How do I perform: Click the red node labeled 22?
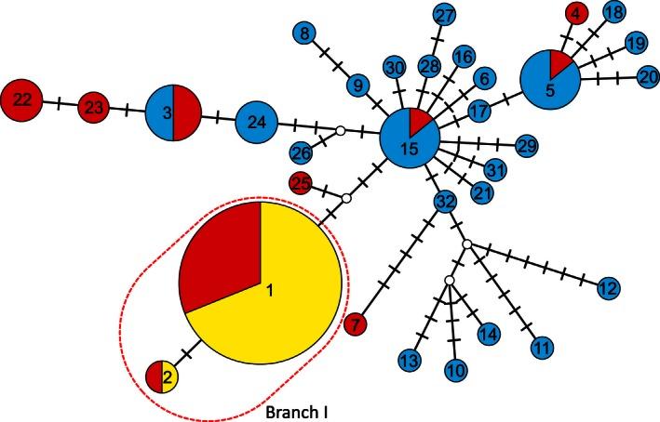[x=21, y=99]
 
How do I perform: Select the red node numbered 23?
[x=94, y=108]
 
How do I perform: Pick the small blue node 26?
[x=302, y=152]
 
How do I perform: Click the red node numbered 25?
[x=300, y=183]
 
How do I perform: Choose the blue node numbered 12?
[x=607, y=289]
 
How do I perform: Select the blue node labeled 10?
[x=456, y=370]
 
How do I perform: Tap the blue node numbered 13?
[x=407, y=359]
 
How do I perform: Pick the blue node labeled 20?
[x=648, y=79]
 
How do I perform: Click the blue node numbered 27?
[x=445, y=15]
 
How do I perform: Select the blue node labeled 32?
[x=445, y=201]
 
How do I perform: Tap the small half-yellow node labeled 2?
[x=161, y=377]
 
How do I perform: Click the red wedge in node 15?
[x=419, y=122]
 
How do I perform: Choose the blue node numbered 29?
[x=527, y=146]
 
